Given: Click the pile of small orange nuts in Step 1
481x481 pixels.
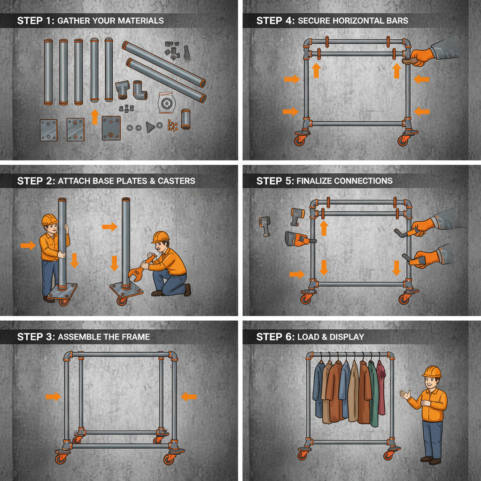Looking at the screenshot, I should coord(172,126).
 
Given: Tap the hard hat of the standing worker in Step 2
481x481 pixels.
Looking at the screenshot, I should coord(49,220).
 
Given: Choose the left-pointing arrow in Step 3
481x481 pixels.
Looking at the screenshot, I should coord(189,396).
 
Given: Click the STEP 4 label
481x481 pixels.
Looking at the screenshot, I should coord(275,21).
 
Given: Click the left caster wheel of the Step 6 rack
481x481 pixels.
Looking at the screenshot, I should coord(302,454).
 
